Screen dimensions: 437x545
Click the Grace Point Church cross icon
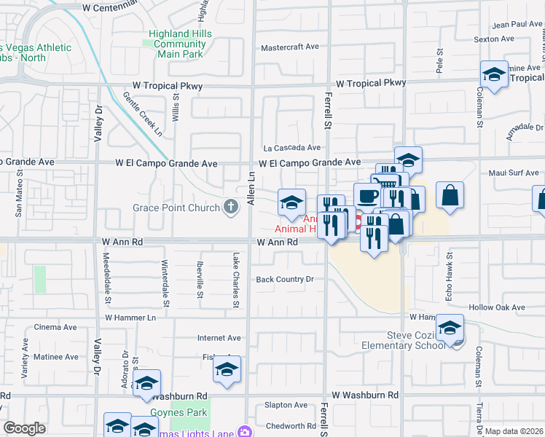click(x=231, y=208)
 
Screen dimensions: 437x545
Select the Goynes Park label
click(x=179, y=413)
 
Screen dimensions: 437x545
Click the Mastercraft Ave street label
click(x=291, y=47)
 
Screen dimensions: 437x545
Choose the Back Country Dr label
click(x=284, y=279)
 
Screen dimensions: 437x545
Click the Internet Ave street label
click(x=219, y=338)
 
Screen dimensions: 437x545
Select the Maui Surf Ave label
click(x=514, y=173)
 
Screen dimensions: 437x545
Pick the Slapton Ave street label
click(x=286, y=405)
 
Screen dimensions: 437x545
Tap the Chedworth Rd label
click(x=290, y=426)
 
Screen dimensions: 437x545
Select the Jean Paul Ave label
click(x=517, y=24)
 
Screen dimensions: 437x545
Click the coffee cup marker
click(x=367, y=195)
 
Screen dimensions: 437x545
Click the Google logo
click(x=24, y=428)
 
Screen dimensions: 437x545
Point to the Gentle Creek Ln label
click(x=142, y=114)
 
